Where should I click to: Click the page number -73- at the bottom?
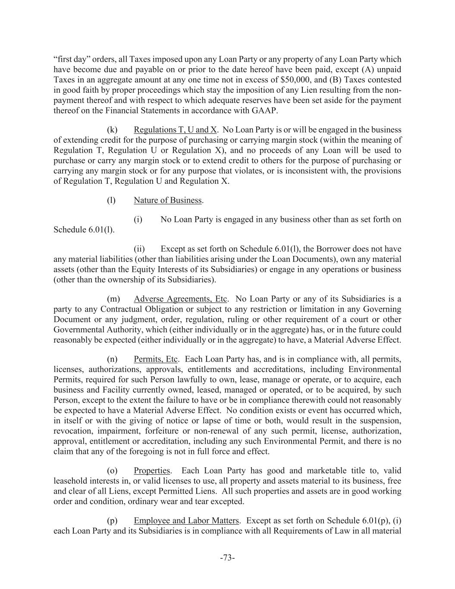point(227,558)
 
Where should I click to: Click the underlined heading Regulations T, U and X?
point(175,130)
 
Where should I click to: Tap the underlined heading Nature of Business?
point(168,200)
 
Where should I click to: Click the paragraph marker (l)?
point(111,200)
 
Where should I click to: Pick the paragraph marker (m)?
point(113,299)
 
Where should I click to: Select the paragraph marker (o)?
point(112,471)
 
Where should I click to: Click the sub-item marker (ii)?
point(139,249)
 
